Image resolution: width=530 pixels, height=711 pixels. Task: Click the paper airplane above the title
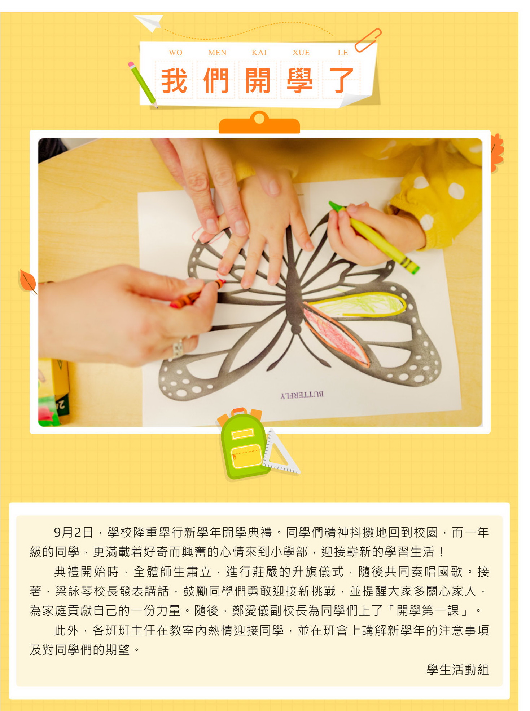pyautogui.click(x=149, y=22)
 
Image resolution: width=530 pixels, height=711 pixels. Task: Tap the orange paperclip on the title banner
pyautogui.click(x=368, y=40)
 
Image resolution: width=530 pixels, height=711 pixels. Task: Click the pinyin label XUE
pyautogui.click(x=301, y=53)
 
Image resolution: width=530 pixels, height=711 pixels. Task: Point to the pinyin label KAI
pyautogui.click(x=259, y=53)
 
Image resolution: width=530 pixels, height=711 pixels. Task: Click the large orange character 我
pyautogui.click(x=174, y=80)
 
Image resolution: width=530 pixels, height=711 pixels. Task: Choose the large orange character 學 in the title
pyautogui.click(x=299, y=80)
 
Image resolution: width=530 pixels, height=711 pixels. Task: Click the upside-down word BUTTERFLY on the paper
pyautogui.click(x=302, y=395)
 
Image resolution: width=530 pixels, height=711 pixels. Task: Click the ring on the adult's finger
pyautogui.click(x=178, y=348)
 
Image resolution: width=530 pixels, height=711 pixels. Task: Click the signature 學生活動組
pyautogui.click(x=457, y=670)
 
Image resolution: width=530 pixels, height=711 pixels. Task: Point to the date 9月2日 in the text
pyautogui.click(x=73, y=532)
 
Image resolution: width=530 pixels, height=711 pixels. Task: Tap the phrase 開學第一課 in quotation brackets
pyautogui.click(x=428, y=610)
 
